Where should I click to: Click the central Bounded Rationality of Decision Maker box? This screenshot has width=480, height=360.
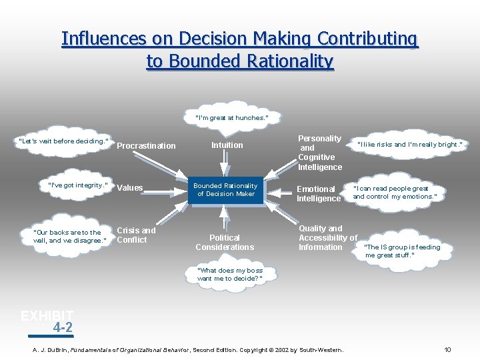[225, 189]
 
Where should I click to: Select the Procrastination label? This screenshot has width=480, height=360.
[146, 146]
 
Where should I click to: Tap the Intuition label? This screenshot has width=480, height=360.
[227, 145]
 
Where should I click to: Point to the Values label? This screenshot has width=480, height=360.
[130, 188]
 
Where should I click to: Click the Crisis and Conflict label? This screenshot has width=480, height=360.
[136, 235]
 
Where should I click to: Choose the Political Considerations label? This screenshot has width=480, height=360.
[225, 242]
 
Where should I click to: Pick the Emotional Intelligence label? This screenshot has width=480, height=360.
[319, 194]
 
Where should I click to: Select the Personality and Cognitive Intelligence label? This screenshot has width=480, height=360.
[320, 153]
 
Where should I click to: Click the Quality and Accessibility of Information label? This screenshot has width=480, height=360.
[327, 237]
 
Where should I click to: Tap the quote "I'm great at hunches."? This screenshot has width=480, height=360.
[232, 118]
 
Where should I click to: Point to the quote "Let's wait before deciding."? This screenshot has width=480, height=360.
[64, 141]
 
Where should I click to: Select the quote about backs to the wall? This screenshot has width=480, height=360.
[69, 237]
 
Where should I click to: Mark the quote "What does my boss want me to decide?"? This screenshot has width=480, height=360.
[230, 275]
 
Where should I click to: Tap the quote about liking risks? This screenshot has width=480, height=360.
[410, 145]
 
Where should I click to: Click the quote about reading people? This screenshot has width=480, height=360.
[395, 193]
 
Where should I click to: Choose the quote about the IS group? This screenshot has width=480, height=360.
[403, 251]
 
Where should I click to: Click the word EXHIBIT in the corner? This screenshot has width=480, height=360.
[47, 316]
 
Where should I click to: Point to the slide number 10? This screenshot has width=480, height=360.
[448, 350]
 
